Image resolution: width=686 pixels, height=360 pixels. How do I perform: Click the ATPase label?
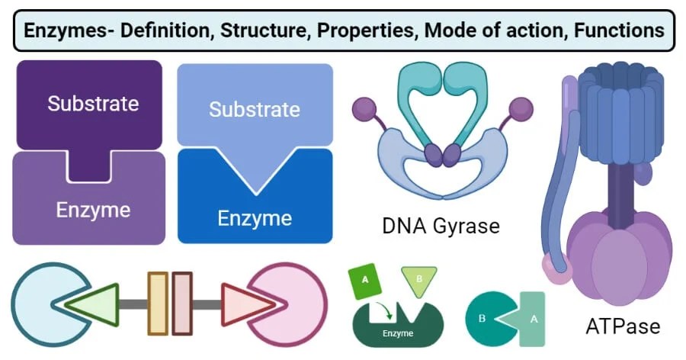tap(622, 327)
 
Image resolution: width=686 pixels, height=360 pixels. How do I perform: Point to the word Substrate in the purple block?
tap(93, 103)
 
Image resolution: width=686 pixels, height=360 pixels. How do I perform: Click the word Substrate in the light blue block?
tap(255, 109)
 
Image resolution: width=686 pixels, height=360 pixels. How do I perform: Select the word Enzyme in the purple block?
tap(93, 209)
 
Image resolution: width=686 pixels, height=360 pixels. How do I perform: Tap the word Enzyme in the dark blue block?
tap(255, 218)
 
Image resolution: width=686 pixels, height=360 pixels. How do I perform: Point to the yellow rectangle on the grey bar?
tap(158, 303)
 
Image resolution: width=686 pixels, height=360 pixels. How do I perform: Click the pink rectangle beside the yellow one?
tap(182, 303)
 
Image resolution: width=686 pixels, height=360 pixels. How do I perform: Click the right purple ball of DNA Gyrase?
tap(521, 110)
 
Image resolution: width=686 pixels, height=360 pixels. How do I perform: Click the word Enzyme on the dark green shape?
tap(398, 333)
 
